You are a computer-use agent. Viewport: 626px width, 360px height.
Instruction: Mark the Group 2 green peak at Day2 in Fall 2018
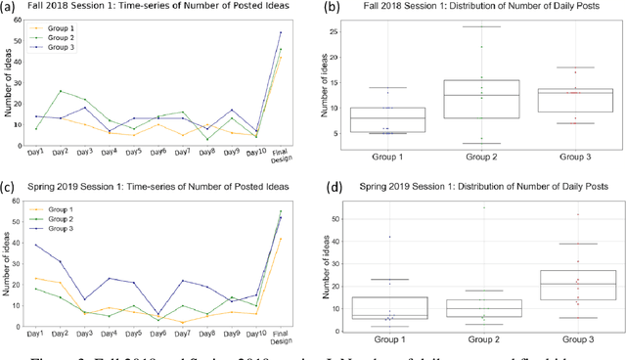(x=61, y=92)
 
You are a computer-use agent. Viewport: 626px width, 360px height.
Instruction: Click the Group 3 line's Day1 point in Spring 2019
(x=37, y=246)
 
